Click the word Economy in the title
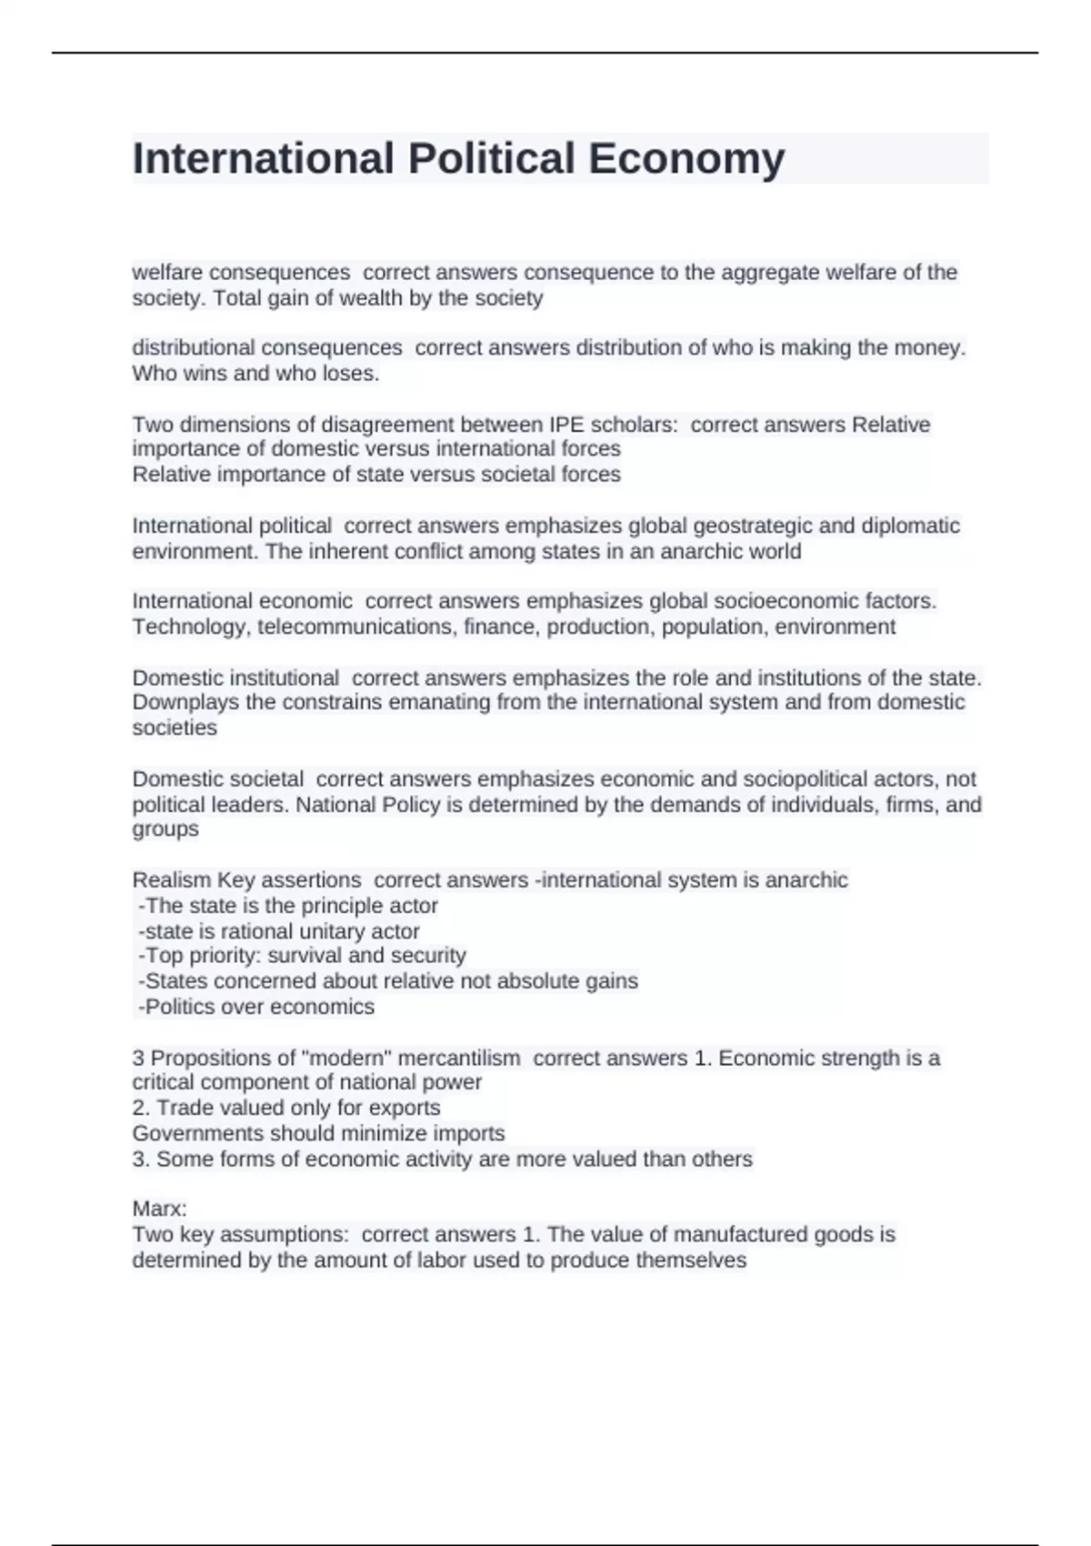[x=686, y=158]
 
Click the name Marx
[x=158, y=1210]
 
